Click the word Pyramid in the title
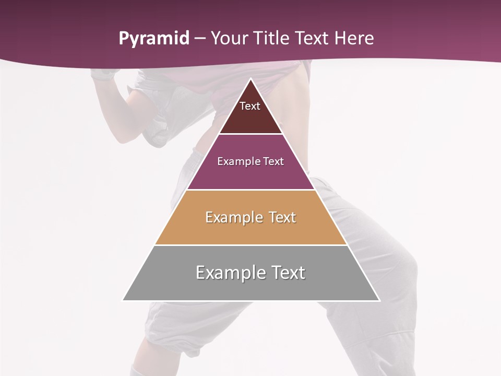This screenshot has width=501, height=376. [x=154, y=39]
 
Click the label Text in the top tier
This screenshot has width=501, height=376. [x=250, y=107]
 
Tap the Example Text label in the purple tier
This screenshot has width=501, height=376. [x=250, y=161]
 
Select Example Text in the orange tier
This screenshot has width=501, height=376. [x=250, y=217]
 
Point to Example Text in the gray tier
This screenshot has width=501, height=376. [x=250, y=273]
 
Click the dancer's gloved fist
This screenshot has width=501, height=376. [x=102, y=74]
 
